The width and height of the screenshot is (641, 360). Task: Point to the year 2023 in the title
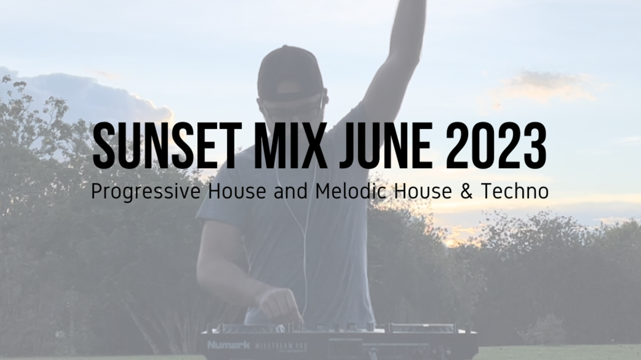(x=496, y=146)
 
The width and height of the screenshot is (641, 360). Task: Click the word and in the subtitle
(x=290, y=191)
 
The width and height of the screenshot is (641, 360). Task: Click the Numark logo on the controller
(x=228, y=345)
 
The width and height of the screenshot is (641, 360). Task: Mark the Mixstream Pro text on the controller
(x=280, y=346)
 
